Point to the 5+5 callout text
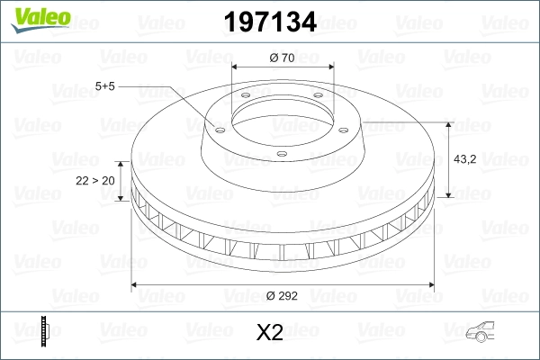[x=106, y=86]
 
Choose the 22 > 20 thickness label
[x=94, y=180]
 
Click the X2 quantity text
[x=270, y=333]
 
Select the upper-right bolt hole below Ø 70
[x=317, y=99]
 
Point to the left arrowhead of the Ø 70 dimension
[x=236, y=68]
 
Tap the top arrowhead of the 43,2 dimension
[x=448, y=123]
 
